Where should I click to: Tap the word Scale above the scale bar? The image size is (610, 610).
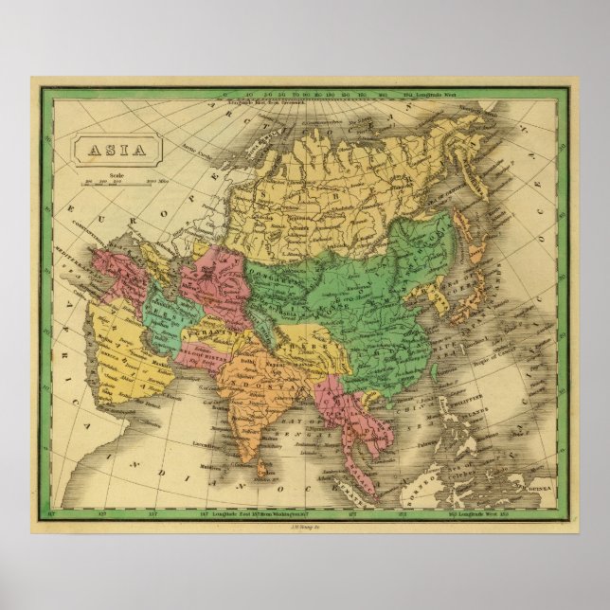(x=118, y=173)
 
